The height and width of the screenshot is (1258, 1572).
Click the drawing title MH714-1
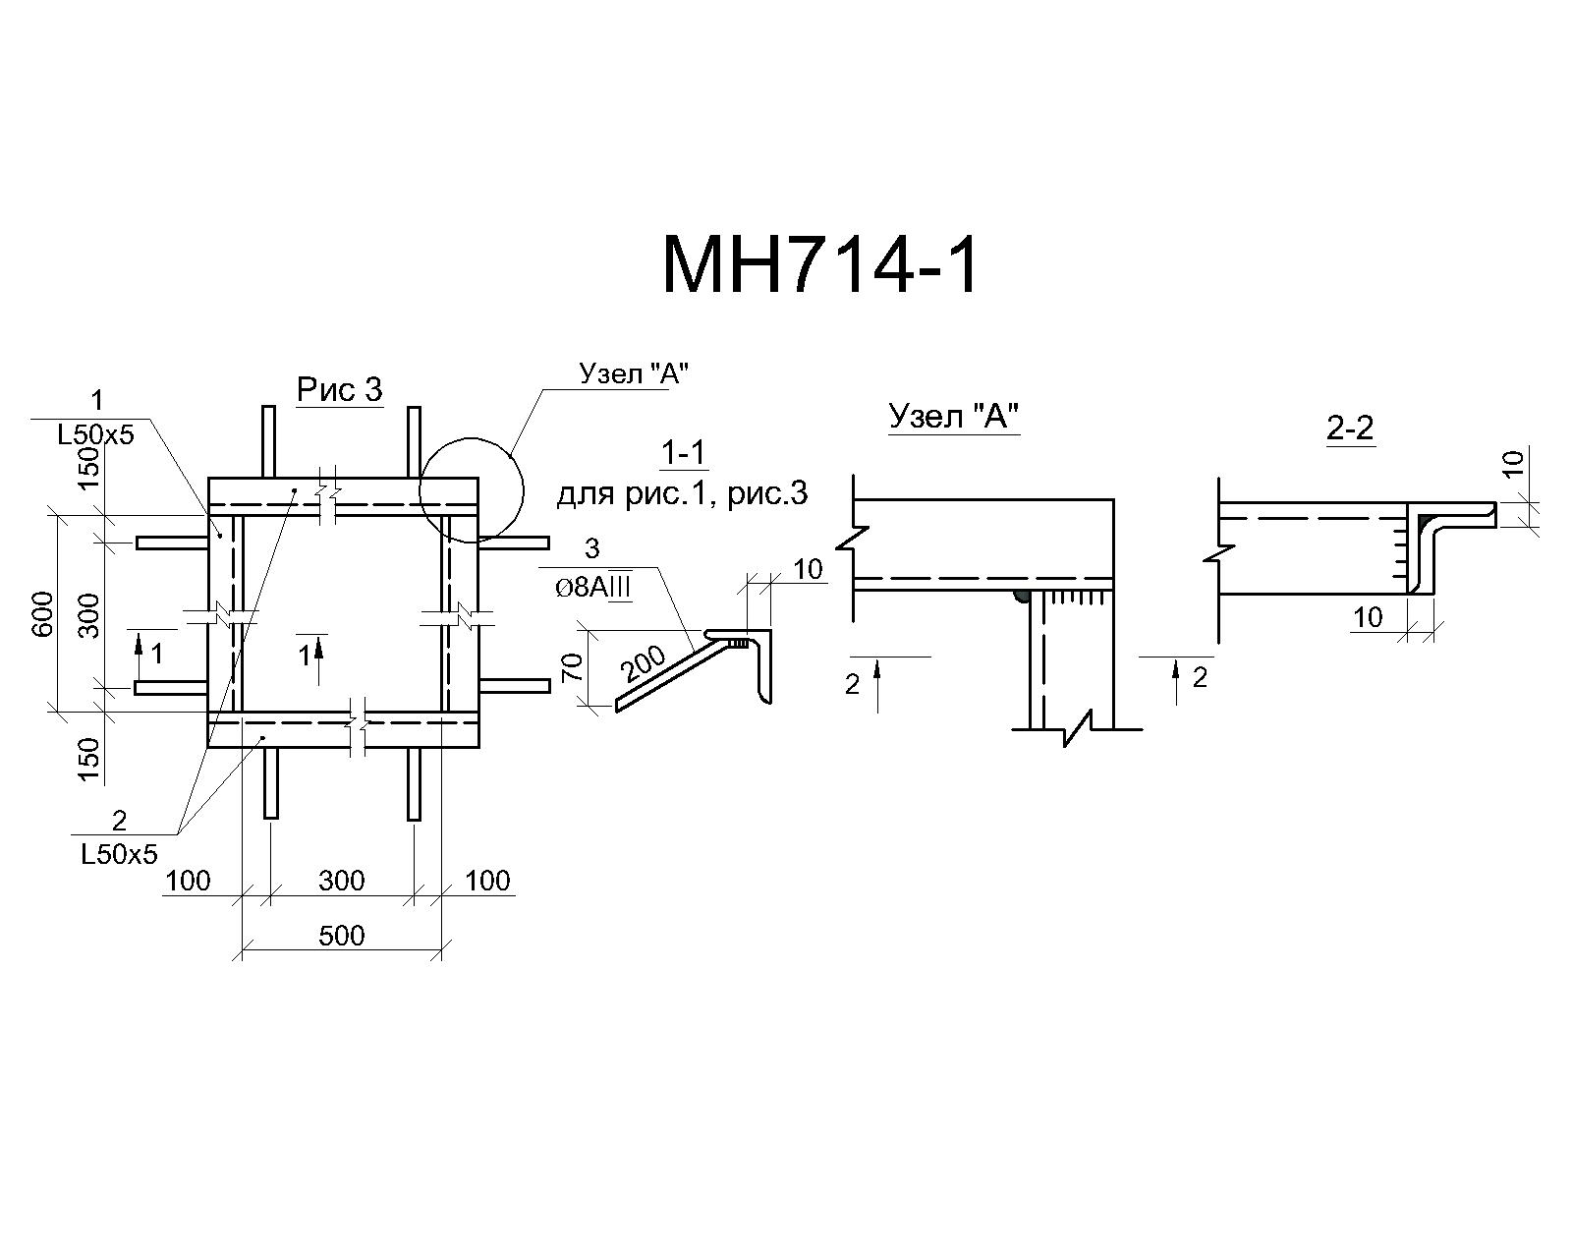(x=819, y=266)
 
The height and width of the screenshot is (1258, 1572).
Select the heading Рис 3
(x=340, y=389)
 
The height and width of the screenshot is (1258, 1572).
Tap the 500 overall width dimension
(x=341, y=936)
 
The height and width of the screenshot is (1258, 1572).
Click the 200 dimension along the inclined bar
(x=644, y=663)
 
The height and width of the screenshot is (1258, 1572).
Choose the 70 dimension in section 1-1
(x=572, y=668)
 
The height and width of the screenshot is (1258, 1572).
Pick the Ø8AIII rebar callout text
(x=593, y=589)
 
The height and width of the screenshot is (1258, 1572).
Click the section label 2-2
(x=1350, y=429)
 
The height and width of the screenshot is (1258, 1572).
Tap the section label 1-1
(x=683, y=453)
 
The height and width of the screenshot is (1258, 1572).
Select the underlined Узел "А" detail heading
(x=953, y=418)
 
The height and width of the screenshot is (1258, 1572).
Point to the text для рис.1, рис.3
(x=682, y=494)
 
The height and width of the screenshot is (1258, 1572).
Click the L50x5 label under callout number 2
(x=119, y=854)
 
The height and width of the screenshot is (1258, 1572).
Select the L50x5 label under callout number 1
(x=95, y=435)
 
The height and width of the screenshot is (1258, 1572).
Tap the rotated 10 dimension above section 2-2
(x=1515, y=463)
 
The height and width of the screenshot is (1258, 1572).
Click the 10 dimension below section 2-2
(x=1368, y=617)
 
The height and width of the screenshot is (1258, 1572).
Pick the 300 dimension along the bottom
(x=341, y=881)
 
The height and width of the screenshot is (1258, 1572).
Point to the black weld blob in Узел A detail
(x=1021, y=597)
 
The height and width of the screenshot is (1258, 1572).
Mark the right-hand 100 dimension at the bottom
(x=487, y=881)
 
